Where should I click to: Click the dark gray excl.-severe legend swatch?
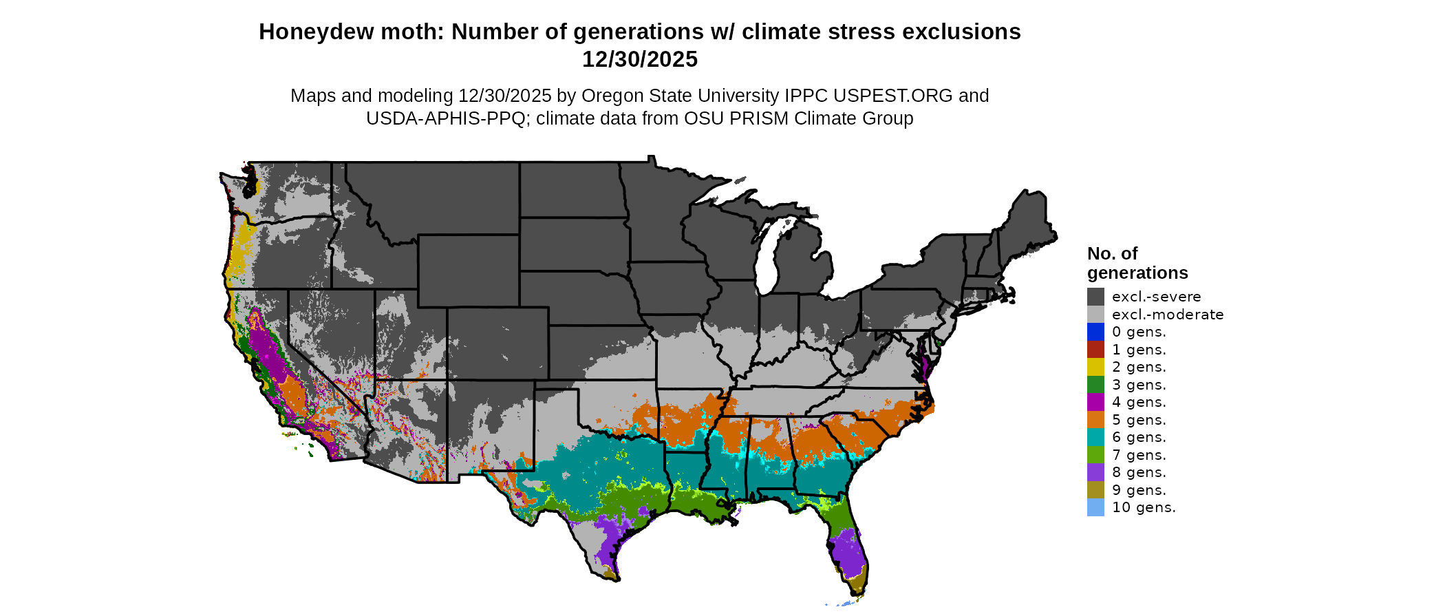(x=1095, y=297)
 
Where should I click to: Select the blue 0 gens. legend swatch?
(x=1095, y=332)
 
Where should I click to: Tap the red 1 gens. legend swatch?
(x=1095, y=350)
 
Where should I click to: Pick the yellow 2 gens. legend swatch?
(x=1095, y=367)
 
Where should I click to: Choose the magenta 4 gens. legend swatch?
(x=1095, y=402)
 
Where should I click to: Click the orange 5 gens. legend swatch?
(x=1095, y=420)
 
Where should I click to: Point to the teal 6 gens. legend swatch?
(x=1095, y=437)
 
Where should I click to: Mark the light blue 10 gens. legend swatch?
(x=1095, y=507)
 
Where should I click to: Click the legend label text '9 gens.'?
(x=1139, y=490)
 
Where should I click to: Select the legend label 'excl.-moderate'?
(x=1168, y=315)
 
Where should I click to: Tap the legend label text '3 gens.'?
(x=1139, y=385)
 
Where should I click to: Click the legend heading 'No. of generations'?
(x=1137, y=263)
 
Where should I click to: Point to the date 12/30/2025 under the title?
(x=640, y=60)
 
